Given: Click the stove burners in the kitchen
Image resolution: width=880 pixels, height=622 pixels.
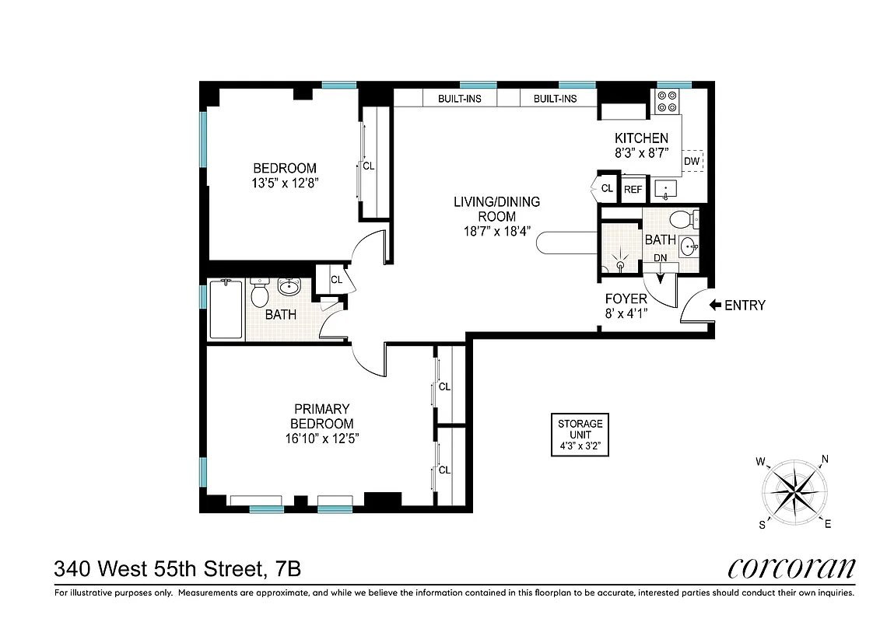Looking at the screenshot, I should point(667,103).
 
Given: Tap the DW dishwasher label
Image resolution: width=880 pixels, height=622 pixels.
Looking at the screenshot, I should point(692,161).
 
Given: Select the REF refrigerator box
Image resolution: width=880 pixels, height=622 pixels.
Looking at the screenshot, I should point(633,189).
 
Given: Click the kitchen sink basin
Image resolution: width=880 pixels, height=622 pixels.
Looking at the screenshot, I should point(666,188).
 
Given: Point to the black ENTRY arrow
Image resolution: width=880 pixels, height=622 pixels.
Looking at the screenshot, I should point(715,306).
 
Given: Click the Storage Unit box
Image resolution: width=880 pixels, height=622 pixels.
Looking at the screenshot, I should point(580,435).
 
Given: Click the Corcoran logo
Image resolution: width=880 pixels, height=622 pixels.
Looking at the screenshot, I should point(791,568).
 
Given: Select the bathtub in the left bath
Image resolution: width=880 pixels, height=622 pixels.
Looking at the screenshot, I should point(226,309).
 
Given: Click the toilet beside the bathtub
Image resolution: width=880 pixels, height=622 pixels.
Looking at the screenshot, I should point(260,295).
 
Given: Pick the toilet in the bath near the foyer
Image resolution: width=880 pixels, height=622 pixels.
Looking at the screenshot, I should point(682,218).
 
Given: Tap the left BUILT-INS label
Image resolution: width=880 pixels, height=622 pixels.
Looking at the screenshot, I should point(460,99).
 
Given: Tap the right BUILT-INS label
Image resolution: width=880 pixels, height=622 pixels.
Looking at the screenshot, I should point(555,99).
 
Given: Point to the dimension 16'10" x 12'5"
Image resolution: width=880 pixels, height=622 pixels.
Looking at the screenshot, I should point(321,439).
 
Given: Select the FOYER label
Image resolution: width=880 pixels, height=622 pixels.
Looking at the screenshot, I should point(626,299).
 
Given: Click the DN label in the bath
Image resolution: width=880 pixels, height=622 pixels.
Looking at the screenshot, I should point(660,258).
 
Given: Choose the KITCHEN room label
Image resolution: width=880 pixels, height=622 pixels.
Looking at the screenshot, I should point(641,138).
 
